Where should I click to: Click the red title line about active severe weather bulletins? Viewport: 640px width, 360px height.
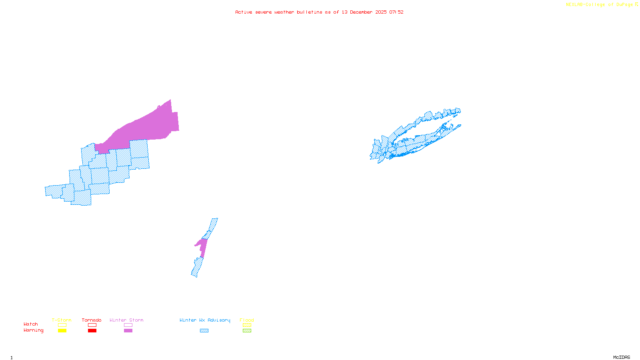pos(319,12)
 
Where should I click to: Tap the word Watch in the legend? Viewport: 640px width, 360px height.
pos(31,324)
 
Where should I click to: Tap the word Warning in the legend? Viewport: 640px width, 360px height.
pos(34,330)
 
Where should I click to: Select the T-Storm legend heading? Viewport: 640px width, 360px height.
pos(62,320)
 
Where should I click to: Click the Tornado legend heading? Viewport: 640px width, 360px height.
pos(92,320)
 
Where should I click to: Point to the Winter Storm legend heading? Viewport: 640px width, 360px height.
pos(126,320)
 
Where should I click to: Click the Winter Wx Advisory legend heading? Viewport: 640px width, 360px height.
pos(205,320)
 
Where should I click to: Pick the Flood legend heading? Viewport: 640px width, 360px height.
pos(247,320)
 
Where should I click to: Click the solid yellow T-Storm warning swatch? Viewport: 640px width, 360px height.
pos(62,331)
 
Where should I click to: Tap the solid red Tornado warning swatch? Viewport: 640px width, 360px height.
pos(92,331)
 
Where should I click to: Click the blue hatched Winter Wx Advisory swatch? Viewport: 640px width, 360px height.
pos(204,331)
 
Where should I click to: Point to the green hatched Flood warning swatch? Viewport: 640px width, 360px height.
pos(247,331)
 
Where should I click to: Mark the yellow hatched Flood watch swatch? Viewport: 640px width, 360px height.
pos(247,325)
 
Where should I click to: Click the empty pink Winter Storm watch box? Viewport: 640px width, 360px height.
pos(128,325)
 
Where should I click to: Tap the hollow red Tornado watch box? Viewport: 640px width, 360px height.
pos(92,325)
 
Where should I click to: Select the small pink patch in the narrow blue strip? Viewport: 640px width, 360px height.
pos(202,246)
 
